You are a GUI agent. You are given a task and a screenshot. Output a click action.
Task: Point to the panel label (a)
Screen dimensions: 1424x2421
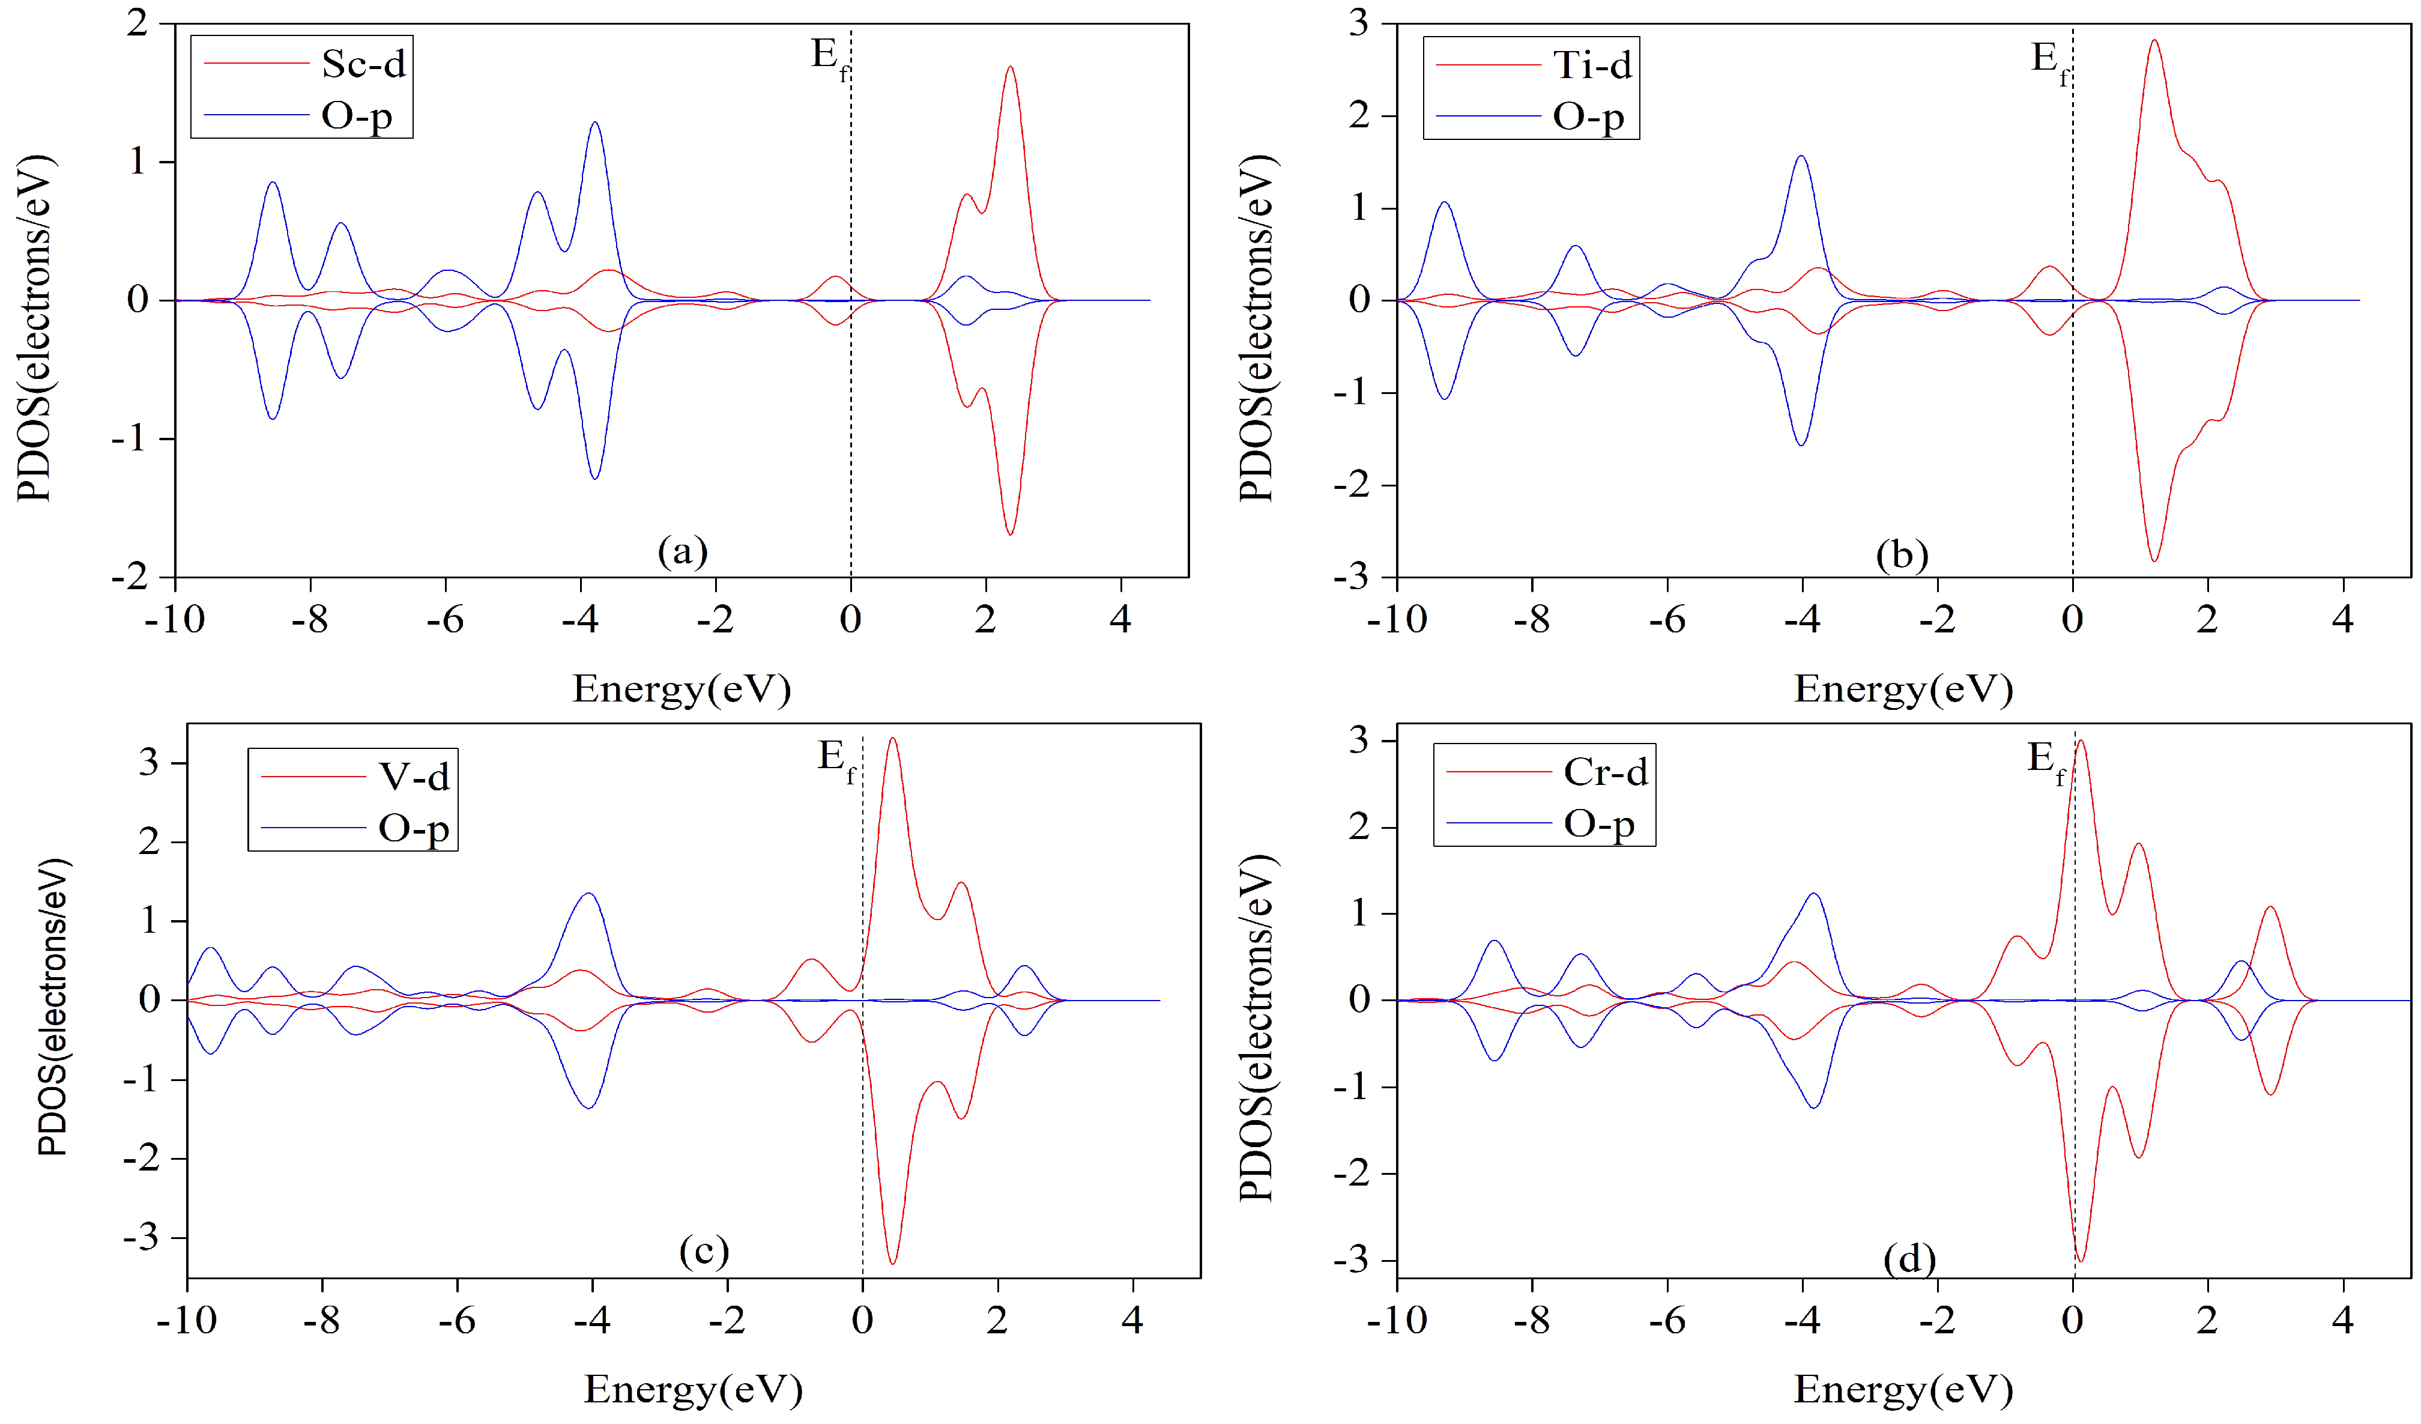point(682,551)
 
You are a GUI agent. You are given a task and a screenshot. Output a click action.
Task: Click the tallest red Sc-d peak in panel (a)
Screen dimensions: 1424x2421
point(1010,67)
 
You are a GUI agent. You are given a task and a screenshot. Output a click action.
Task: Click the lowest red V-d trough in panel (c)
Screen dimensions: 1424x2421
point(892,1262)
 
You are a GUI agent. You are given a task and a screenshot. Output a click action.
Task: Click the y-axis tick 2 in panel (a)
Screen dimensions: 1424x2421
point(138,22)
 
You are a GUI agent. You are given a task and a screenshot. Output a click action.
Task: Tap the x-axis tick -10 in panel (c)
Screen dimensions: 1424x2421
point(186,1319)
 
